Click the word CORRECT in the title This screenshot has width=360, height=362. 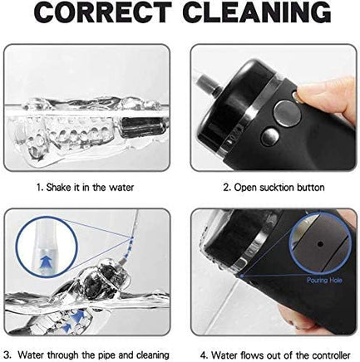coord(102,12)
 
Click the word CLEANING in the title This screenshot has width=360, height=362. coord(257,12)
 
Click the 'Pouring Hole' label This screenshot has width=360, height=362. coord(324,281)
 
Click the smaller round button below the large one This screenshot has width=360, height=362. coord(270,137)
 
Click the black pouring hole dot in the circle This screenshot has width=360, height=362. coord(320,244)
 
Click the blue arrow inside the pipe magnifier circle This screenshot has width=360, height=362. coord(47,262)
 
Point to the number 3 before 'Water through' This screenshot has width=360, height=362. coord(8,355)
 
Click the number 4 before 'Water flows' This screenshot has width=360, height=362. coord(205,355)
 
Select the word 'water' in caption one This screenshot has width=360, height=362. coord(121,188)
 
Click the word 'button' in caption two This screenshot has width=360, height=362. coord(311,188)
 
